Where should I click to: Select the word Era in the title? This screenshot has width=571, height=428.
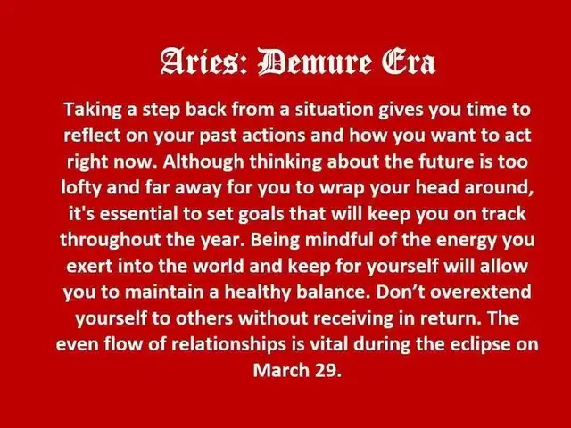409,62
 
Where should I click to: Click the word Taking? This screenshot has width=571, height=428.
93,110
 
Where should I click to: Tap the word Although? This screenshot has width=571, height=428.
203,161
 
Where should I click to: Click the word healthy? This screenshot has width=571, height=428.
258,292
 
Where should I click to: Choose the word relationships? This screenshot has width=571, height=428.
228,344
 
